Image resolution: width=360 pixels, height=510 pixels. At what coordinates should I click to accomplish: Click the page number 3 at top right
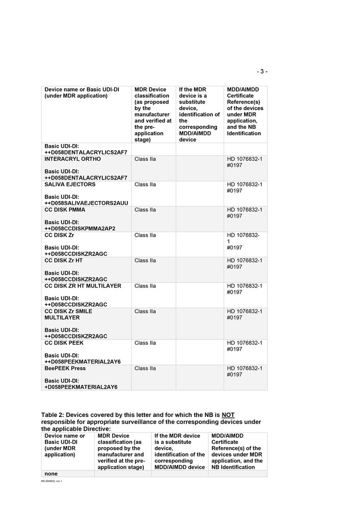pos(262,72)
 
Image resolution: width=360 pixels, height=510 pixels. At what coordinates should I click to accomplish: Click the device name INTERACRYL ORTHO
pos(72,159)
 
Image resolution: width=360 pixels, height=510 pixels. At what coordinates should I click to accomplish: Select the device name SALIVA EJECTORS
pos(70,185)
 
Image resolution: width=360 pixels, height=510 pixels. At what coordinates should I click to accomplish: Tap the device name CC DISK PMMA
pos(65,210)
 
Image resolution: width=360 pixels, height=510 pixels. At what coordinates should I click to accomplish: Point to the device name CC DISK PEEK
pos(64,343)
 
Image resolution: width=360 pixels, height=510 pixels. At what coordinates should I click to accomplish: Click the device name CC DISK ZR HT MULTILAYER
pos(83,286)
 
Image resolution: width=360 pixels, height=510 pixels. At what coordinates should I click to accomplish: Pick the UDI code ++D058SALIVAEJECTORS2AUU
pos(86,203)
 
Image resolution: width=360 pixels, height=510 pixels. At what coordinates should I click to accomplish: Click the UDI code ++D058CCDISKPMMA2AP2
pos(80,229)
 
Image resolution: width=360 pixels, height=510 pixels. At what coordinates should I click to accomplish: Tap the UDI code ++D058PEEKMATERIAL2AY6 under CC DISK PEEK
pos(83,362)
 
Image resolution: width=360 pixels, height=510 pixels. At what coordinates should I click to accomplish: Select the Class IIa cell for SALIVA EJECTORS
pos(145,185)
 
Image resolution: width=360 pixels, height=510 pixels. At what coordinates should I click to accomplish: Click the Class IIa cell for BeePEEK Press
pos(145,368)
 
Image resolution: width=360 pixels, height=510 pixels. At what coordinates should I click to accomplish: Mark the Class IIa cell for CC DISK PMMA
pos(145,210)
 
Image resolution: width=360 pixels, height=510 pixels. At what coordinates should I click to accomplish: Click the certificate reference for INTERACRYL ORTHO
pos(244,162)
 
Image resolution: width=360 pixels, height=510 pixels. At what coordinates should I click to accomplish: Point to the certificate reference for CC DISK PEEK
pos(244,346)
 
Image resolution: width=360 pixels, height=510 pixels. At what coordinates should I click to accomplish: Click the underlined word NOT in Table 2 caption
pos(228,415)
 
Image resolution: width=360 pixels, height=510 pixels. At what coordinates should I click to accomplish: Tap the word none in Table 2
pos(51,474)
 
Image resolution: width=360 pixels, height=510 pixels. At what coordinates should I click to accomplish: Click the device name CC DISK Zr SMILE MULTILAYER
pos(68,314)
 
